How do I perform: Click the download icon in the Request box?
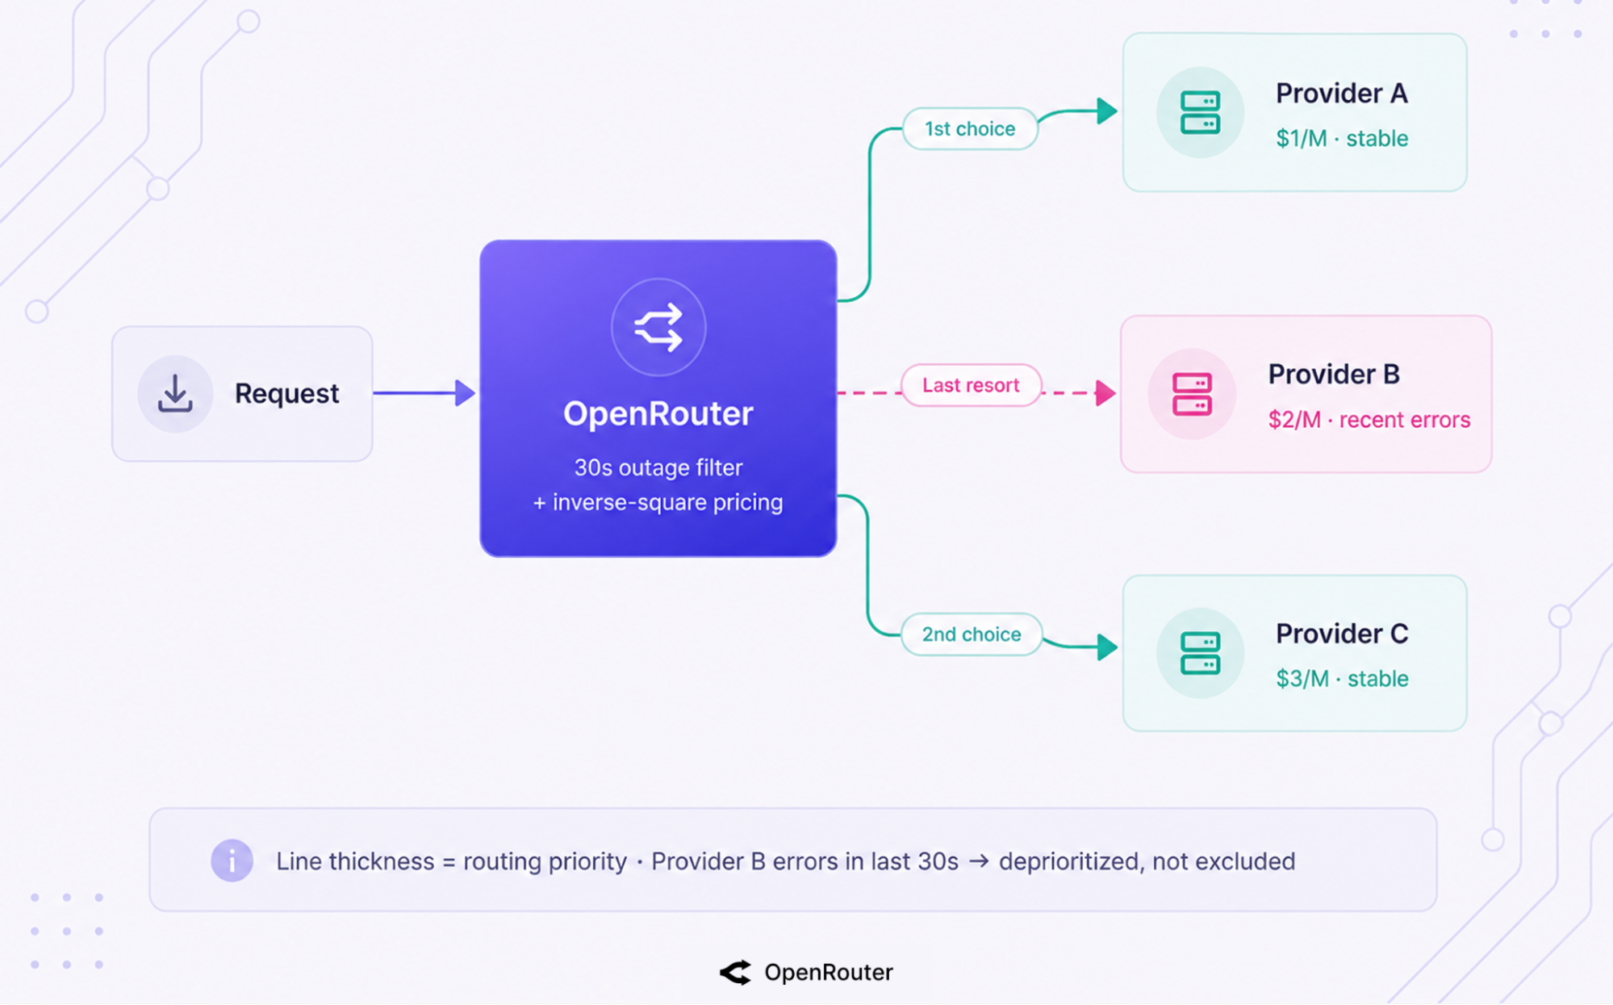coord(175,393)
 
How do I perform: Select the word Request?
coord(286,393)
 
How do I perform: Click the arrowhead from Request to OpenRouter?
coord(465,393)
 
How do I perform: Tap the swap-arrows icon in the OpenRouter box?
coord(658,327)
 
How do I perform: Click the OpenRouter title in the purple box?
coord(658,413)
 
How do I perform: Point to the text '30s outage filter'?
coord(658,467)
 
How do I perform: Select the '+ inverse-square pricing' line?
coord(658,502)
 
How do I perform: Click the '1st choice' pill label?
coord(970,128)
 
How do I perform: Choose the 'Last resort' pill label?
coord(971,385)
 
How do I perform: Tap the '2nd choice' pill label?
coord(972,634)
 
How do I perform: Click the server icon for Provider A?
coord(1200,112)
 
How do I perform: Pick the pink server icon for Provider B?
coord(1192,394)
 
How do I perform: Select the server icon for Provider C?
coord(1200,653)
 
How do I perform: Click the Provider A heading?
coord(1342,93)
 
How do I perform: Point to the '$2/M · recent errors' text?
coord(1369,420)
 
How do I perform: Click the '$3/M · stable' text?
coord(1342,678)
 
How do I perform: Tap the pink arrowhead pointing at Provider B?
coord(1106,393)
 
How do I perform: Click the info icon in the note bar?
coord(232,861)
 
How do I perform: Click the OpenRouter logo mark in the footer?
coord(735,973)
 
